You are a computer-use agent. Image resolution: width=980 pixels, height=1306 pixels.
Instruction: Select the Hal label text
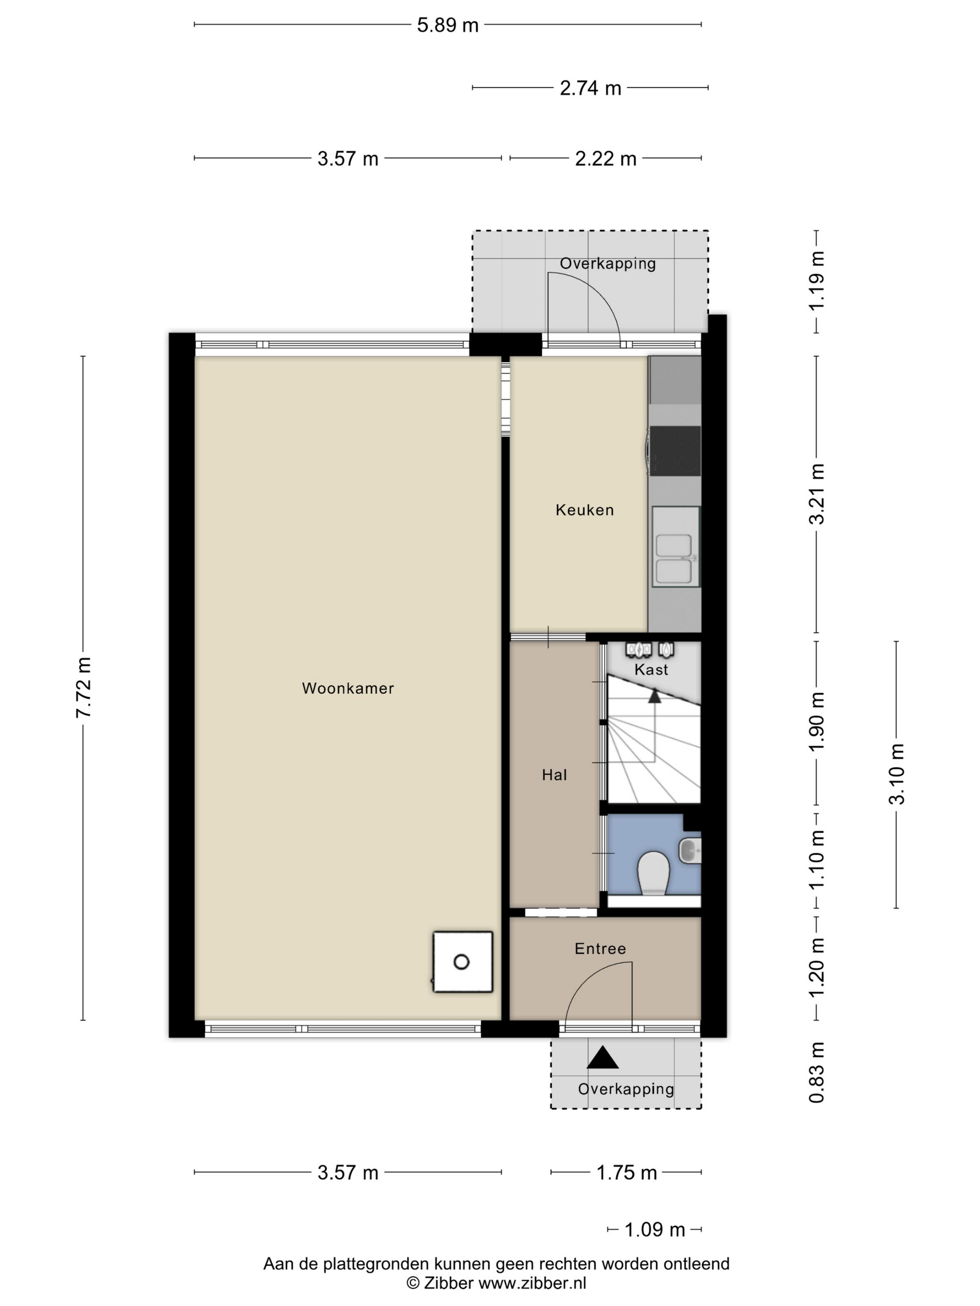(x=554, y=775)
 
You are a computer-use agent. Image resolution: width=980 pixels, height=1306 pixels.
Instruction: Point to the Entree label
(x=600, y=948)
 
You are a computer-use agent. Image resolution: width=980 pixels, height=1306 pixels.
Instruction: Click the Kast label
(x=651, y=669)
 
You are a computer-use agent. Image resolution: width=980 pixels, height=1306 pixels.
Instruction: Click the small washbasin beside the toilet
(x=690, y=850)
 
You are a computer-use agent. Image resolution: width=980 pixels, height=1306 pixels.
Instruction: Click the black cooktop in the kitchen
(x=675, y=451)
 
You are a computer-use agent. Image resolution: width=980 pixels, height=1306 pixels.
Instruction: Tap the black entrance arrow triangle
(x=602, y=1057)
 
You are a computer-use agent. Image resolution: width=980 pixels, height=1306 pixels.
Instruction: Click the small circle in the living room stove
(x=462, y=962)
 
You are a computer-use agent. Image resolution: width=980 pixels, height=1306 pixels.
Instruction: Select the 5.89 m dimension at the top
(x=448, y=25)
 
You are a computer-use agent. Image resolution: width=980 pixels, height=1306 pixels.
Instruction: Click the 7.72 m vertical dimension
(x=83, y=688)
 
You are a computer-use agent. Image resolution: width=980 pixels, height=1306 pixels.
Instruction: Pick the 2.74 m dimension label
(x=590, y=88)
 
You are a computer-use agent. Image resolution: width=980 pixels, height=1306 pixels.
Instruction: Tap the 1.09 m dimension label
(x=655, y=1230)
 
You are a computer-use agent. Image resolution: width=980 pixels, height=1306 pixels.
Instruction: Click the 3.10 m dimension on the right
(x=896, y=774)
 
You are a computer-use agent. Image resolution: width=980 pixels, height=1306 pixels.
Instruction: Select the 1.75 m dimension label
(x=626, y=1173)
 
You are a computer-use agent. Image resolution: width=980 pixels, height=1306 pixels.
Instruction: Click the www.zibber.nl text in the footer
(x=532, y=1283)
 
